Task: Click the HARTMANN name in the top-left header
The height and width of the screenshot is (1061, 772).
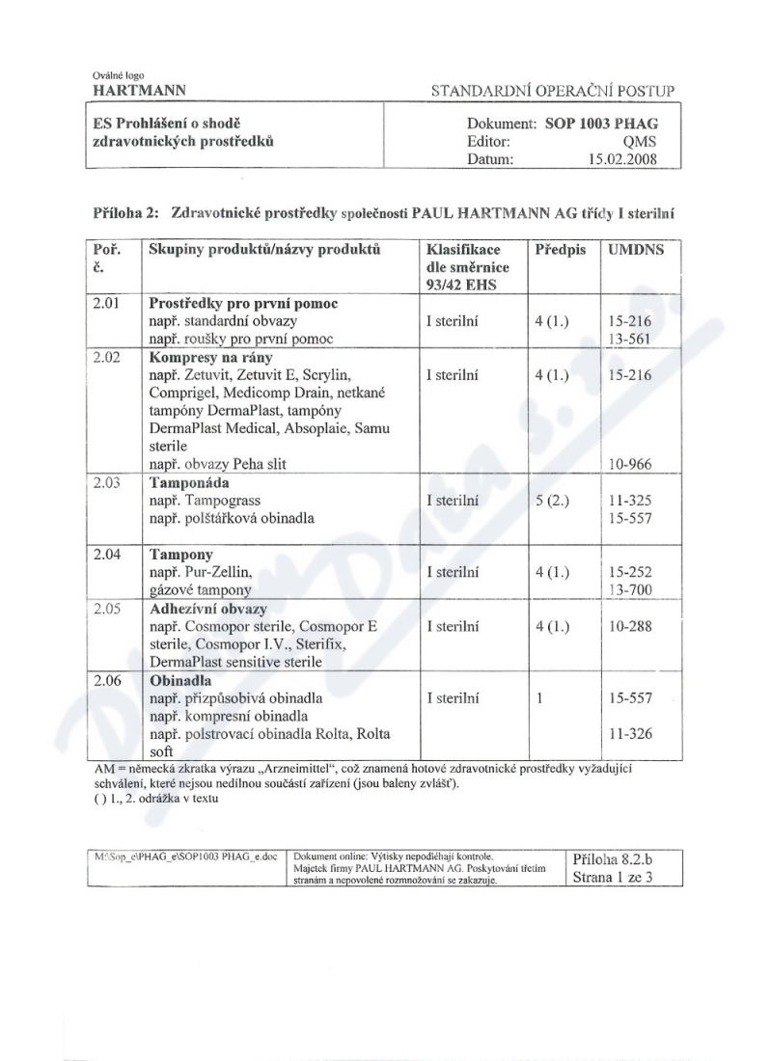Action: tap(140, 91)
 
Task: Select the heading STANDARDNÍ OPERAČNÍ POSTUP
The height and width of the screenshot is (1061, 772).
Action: tap(557, 92)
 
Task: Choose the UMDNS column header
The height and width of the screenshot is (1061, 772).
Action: tap(634, 249)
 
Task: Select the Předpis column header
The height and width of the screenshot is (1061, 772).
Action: tap(561, 249)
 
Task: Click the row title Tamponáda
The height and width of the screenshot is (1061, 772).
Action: tap(190, 482)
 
